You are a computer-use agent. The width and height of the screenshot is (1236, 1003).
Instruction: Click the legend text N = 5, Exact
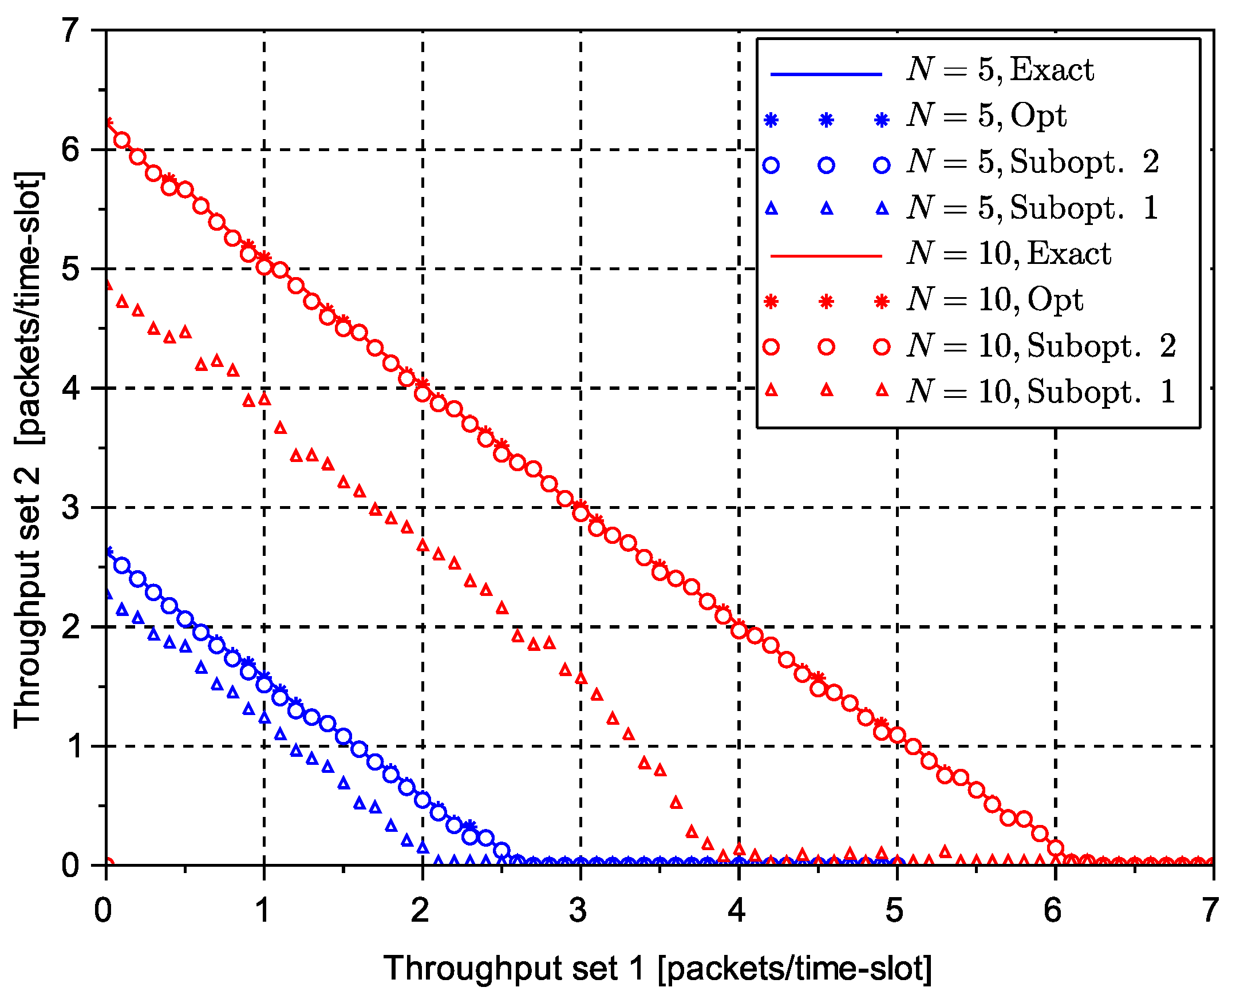pos(1000,70)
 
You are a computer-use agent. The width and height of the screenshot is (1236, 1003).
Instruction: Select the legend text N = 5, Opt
pos(986,116)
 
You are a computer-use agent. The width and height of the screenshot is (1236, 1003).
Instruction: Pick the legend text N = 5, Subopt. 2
pos(1033,162)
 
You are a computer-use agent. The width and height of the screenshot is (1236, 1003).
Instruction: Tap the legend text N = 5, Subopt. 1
pos(1033,207)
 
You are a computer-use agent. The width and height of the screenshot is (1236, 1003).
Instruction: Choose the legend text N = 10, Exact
pos(1008,254)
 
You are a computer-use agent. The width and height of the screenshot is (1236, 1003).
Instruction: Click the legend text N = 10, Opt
pos(994,300)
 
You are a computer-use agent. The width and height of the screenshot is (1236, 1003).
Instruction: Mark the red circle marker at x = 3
pos(580,512)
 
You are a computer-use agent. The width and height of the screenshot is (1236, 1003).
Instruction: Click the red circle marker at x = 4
pos(739,630)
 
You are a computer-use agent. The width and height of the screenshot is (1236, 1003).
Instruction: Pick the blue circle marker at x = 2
pos(422,800)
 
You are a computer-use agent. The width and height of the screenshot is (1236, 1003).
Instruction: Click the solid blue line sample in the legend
pos(826,74)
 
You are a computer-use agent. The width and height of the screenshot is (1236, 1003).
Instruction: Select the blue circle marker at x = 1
pos(264,685)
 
